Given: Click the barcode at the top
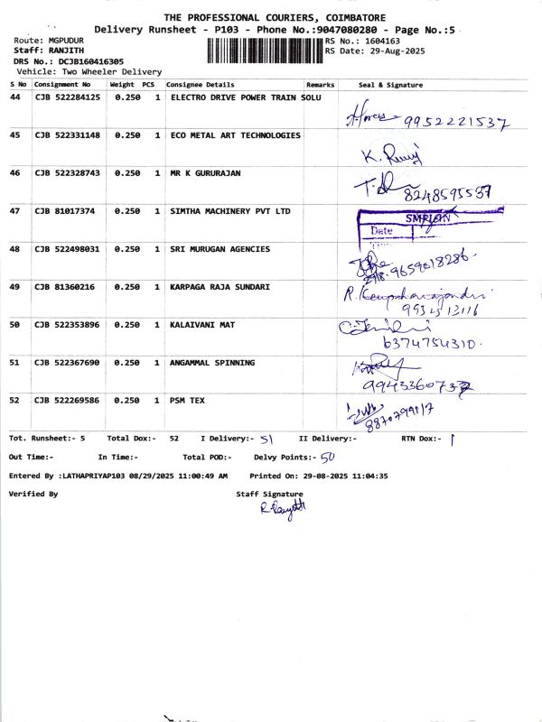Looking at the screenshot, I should point(265,47).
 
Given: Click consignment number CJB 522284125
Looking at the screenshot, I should point(68,97).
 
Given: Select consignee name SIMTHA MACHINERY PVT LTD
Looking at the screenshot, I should point(231,211).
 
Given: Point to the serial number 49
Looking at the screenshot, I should point(14,287).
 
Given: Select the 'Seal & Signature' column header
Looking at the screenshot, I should point(390,84).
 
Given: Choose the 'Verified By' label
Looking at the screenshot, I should point(33,495).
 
